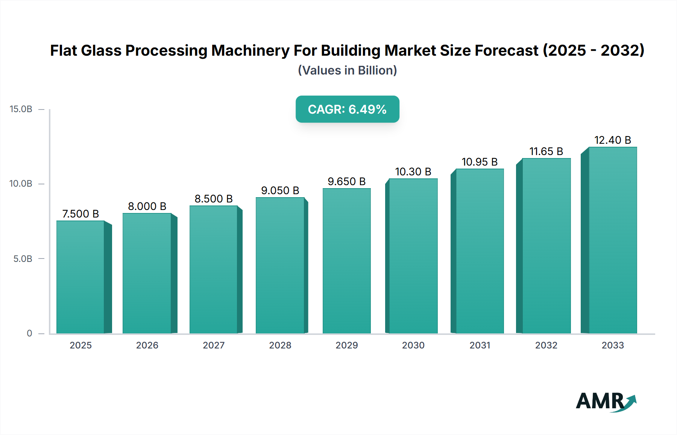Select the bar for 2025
tap(80, 277)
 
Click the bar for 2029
tap(346, 261)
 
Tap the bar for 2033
tap(612, 240)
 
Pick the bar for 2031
tap(480, 251)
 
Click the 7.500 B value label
tap(80, 214)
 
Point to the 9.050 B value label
tap(280, 190)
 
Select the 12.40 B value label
tap(612, 140)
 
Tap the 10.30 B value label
tap(413, 172)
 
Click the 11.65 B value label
tap(546, 151)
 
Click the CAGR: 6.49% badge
tap(347, 109)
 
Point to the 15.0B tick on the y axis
tap(21, 109)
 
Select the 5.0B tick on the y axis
tap(23, 259)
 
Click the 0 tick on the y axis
tap(29, 333)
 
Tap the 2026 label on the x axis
tap(147, 345)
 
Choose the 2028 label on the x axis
tap(280, 345)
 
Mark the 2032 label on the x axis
tap(546, 345)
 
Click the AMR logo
tap(606, 402)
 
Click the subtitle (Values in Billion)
tap(347, 70)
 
